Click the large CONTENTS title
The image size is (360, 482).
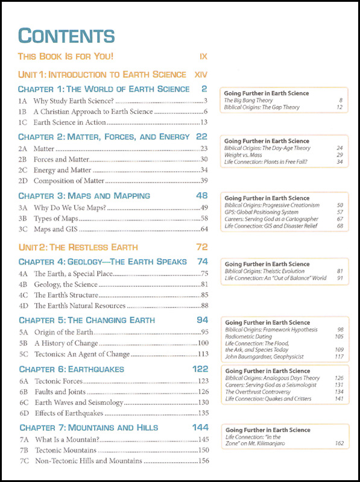66,36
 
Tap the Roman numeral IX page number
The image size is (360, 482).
203,57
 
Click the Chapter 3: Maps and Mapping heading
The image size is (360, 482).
84,196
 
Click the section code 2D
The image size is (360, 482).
24,181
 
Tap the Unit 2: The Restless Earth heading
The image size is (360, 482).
78,247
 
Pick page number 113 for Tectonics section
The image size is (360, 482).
203,354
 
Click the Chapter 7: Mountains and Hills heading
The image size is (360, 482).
89,428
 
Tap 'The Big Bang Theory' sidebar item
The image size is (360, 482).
248,101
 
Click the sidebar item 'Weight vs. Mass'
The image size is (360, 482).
243,155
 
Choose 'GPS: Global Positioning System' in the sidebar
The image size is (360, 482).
261,212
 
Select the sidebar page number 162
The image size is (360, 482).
338,443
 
